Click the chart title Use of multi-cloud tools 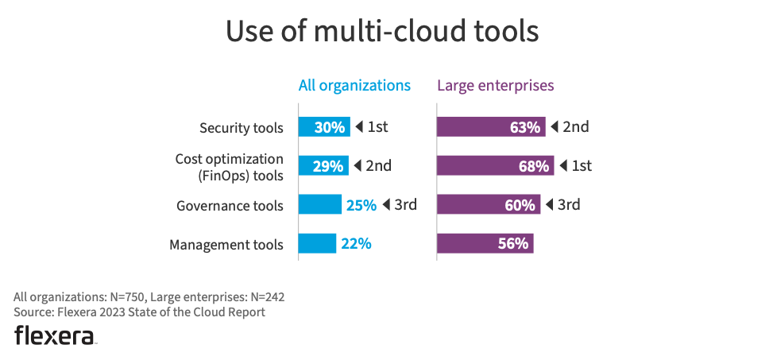click(x=382, y=32)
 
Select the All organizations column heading click(x=354, y=85)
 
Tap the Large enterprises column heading click(x=496, y=85)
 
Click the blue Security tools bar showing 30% click(x=324, y=127)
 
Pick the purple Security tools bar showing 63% click(x=491, y=127)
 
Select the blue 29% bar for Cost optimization click(x=323, y=166)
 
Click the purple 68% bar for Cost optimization click(x=495, y=166)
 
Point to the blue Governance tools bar click(x=320, y=205)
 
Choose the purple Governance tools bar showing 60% click(x=489, y=205)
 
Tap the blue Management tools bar click(x=318, y=244)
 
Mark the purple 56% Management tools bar click(x=485, y=244)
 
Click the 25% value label click(x=361, y=205)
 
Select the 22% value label click(x=356, y=244)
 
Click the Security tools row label click(x=241, y=128)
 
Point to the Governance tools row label click(x=230, y=206)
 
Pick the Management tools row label click(x=226, y=245)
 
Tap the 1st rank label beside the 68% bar click(x=582, y=166)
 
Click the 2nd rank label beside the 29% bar click(x=379, y=166)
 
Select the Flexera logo click(x=55, y=335)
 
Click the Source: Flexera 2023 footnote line click(x=139, y=312)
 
